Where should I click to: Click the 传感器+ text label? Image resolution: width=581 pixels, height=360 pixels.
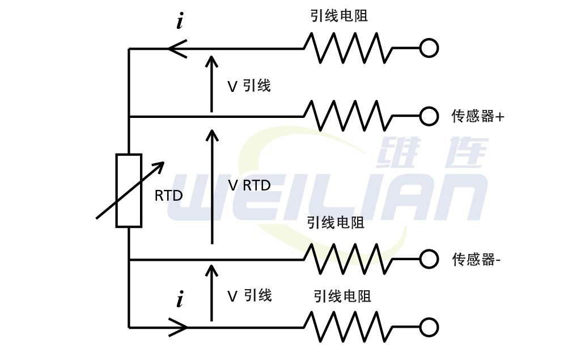click(477, 116)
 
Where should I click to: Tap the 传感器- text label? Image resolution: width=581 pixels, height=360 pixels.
click(476, 260)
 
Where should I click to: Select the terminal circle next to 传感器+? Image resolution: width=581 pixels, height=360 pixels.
click(429, 116)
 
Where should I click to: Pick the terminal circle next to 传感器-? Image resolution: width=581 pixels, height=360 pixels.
click(429, 259)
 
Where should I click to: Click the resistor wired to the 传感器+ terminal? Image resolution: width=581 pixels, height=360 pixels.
click(348, 116)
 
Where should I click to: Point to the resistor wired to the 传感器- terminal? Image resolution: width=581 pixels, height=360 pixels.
click(348, 259)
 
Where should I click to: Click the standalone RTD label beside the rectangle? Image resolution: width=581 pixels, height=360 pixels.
click(168, 196)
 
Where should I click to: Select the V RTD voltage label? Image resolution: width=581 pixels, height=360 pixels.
click(249, 185)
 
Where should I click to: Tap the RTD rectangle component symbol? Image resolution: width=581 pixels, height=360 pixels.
click(129, 190)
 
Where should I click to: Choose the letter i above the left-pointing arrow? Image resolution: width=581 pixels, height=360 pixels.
click(180, 22)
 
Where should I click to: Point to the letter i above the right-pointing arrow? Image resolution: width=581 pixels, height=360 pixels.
click(180, 299)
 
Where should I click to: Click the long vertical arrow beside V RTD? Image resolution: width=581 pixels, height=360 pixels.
click(211, 187)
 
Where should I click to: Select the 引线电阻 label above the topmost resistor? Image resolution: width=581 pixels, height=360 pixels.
click(339, 16)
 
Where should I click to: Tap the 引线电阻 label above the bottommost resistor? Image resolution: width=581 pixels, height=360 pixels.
click(342, 296)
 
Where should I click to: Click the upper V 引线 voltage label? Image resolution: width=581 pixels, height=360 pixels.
click(249, 86)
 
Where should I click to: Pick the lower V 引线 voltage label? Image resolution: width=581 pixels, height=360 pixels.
click(249, 295)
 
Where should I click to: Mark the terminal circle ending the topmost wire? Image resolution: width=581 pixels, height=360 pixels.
click(429, 48)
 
